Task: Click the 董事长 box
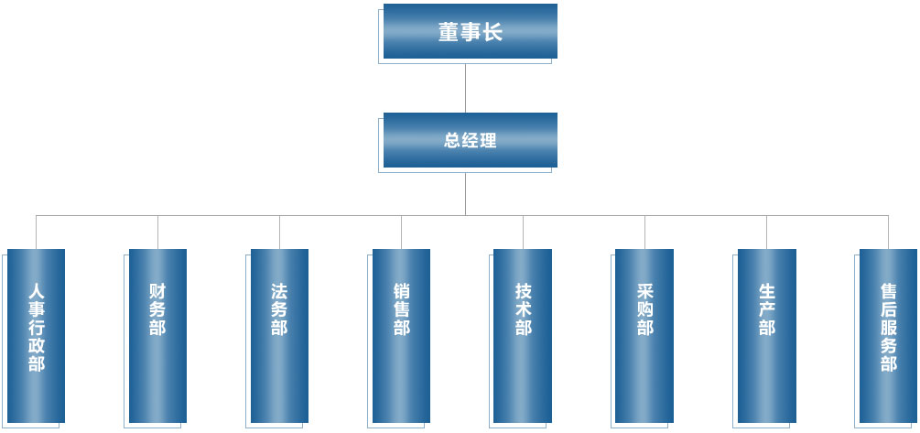470,32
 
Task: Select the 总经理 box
470,140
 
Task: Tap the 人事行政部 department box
36,335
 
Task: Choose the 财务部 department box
157,335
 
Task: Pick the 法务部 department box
279,335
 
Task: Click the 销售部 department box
401,335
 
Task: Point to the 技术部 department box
523,335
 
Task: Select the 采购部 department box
644,335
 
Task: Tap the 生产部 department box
766,335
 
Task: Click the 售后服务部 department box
888,335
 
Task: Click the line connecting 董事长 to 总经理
466,86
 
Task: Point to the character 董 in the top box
449,33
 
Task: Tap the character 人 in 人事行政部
36,291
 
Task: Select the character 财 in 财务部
157,291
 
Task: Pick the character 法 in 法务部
279,291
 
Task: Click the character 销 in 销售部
401,291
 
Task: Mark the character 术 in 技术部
523,309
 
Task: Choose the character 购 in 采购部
644,309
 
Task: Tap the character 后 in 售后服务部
888,309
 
